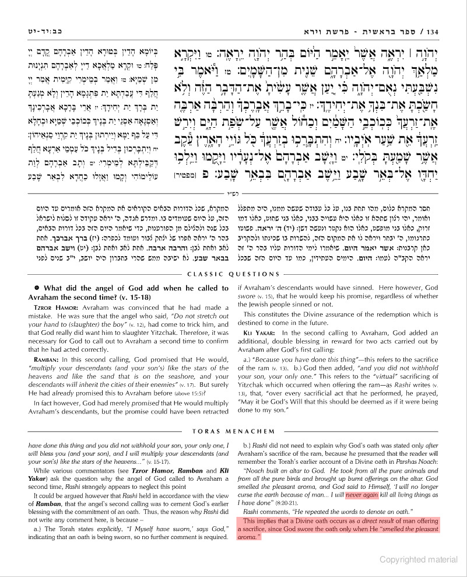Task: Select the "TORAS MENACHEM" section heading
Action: [x=233, y=432]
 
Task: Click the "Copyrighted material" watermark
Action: [x=418, y=559]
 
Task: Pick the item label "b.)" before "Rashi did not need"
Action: [x=247, y=445]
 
